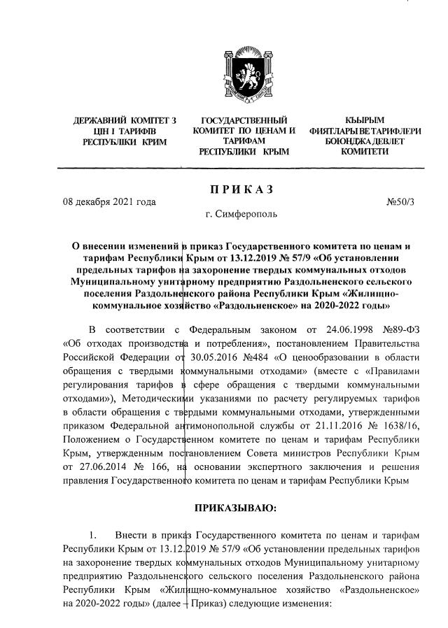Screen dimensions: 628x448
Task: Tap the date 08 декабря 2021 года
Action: coord(108,202)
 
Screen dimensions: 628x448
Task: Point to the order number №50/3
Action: coord(400,202)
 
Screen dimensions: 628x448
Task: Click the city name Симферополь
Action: coord(246,215)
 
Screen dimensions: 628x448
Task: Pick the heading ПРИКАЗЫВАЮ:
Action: coord(240,505)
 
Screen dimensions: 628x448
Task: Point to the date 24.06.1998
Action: coord(332,329)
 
